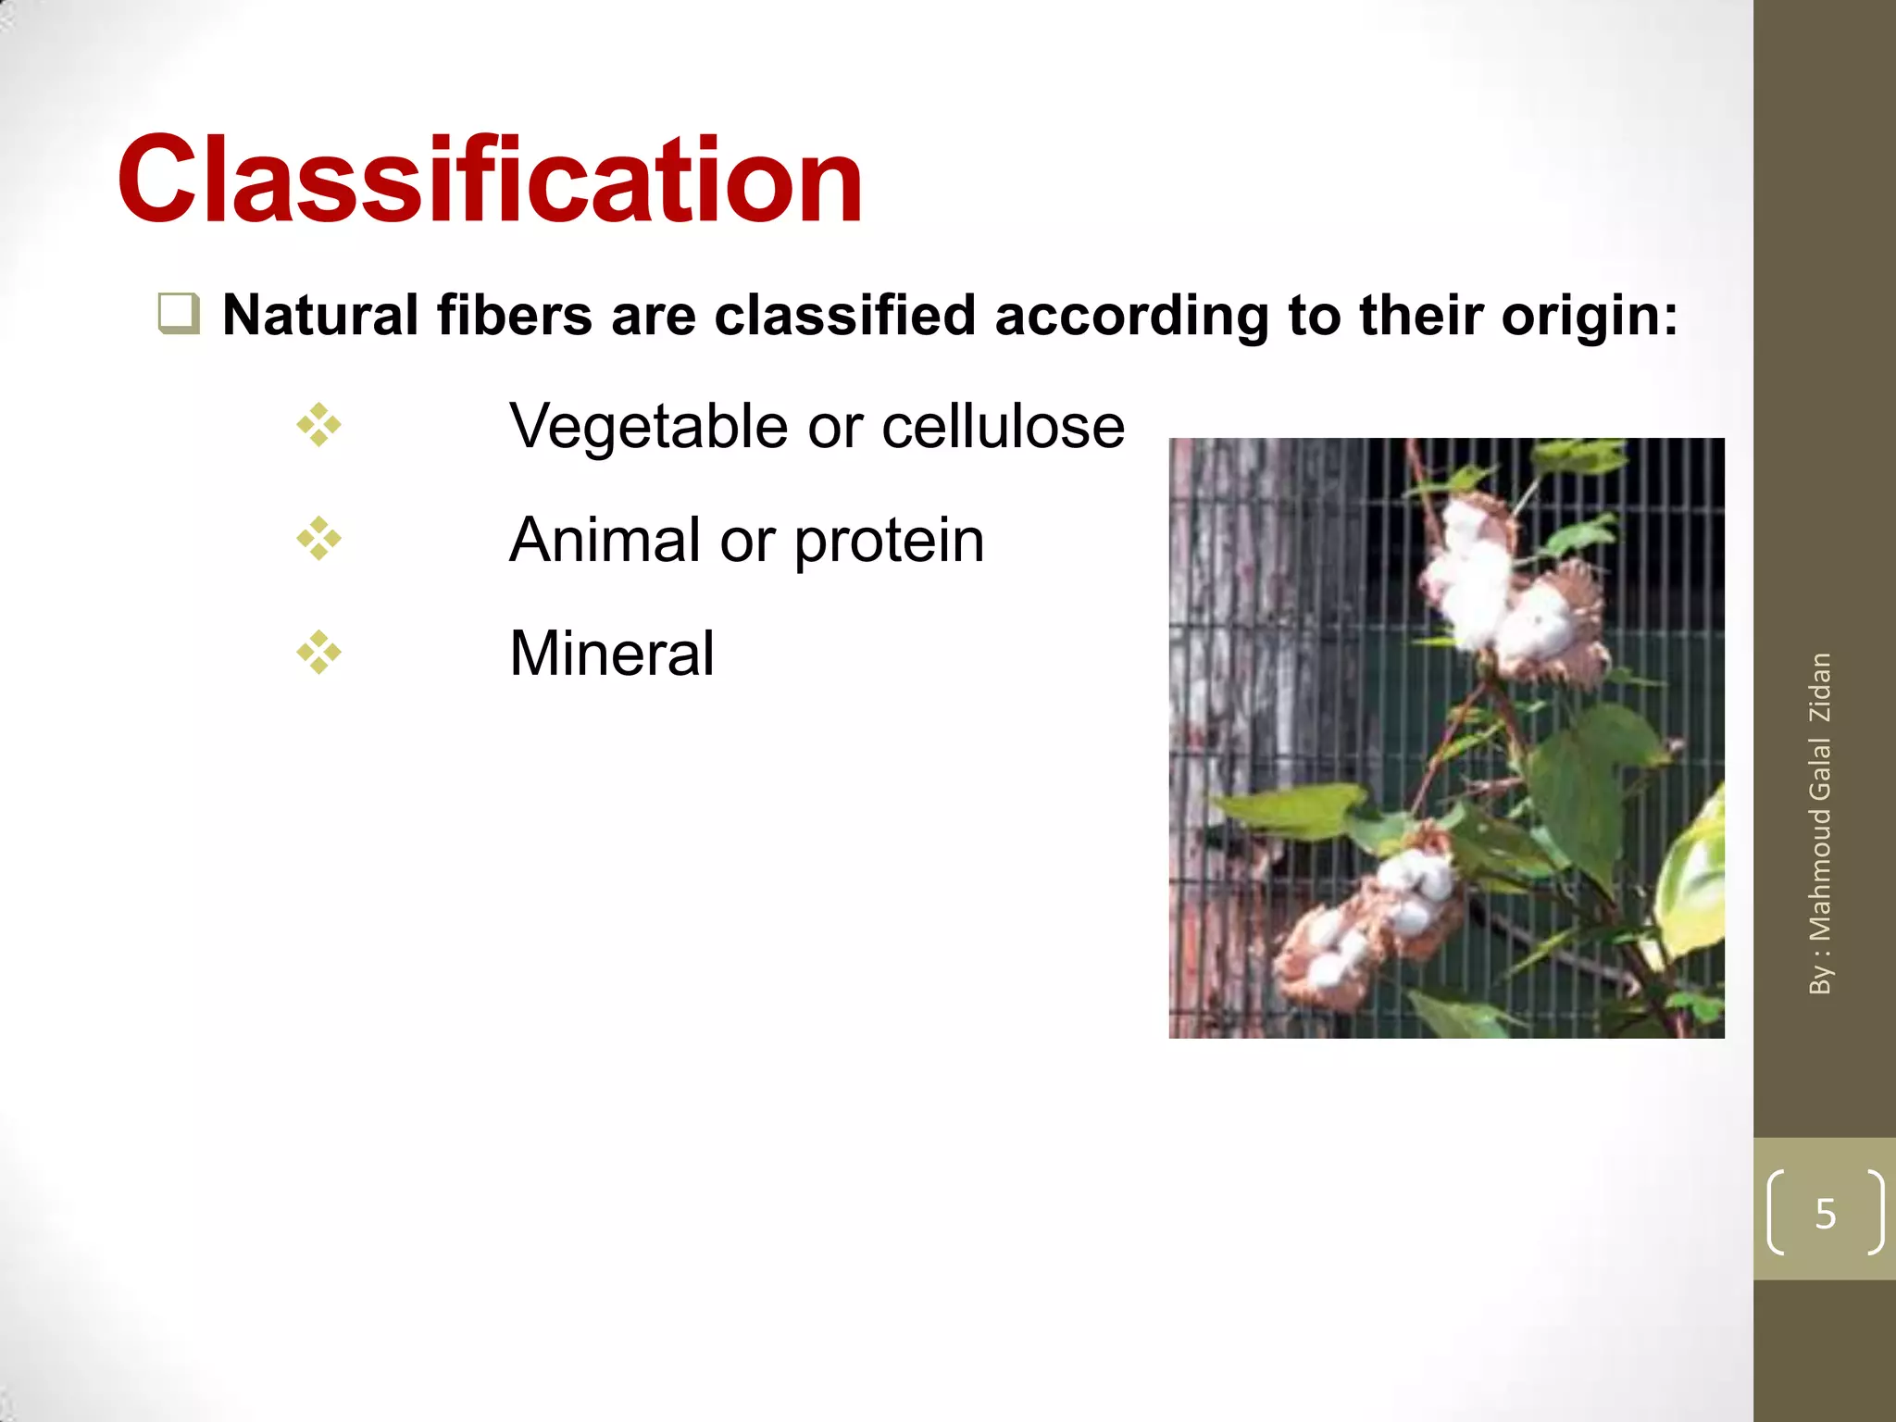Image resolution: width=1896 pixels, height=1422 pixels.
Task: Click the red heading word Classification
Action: coord(491,181)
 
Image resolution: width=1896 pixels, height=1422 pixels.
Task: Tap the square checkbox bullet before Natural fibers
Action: coord(178,313)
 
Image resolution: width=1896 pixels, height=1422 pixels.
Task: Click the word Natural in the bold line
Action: coord(321,316)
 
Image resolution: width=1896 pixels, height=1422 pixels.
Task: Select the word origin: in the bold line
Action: coord(1590,316)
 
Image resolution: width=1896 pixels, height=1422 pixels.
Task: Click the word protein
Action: coord(889,543)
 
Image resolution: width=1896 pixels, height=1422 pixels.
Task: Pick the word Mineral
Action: coord(611,654)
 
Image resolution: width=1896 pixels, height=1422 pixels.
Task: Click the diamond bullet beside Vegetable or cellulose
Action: coord(318,426)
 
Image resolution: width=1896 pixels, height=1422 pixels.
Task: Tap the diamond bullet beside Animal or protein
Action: coord(318,539)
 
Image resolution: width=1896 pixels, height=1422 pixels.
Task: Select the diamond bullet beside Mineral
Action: coord(318,653)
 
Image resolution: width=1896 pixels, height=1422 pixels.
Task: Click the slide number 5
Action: coord(1825,1214)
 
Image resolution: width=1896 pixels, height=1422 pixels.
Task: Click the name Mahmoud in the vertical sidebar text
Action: coord(1820,875)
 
